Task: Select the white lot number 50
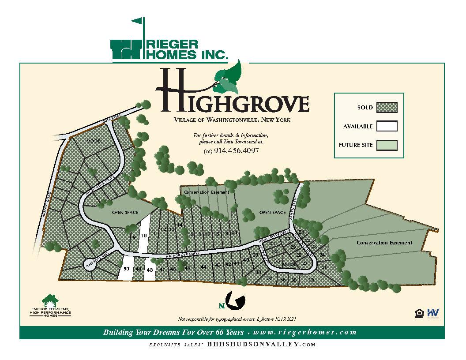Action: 126,269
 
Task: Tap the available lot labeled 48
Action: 150,270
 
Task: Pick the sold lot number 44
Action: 203,267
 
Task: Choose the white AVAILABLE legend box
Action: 387,126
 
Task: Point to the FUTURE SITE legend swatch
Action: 387,145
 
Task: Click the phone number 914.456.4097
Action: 237,150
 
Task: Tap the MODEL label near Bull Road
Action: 94,141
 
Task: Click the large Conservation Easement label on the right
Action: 384,243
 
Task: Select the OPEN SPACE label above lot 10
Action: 125,213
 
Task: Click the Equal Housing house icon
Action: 419,313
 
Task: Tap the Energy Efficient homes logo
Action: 50,305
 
